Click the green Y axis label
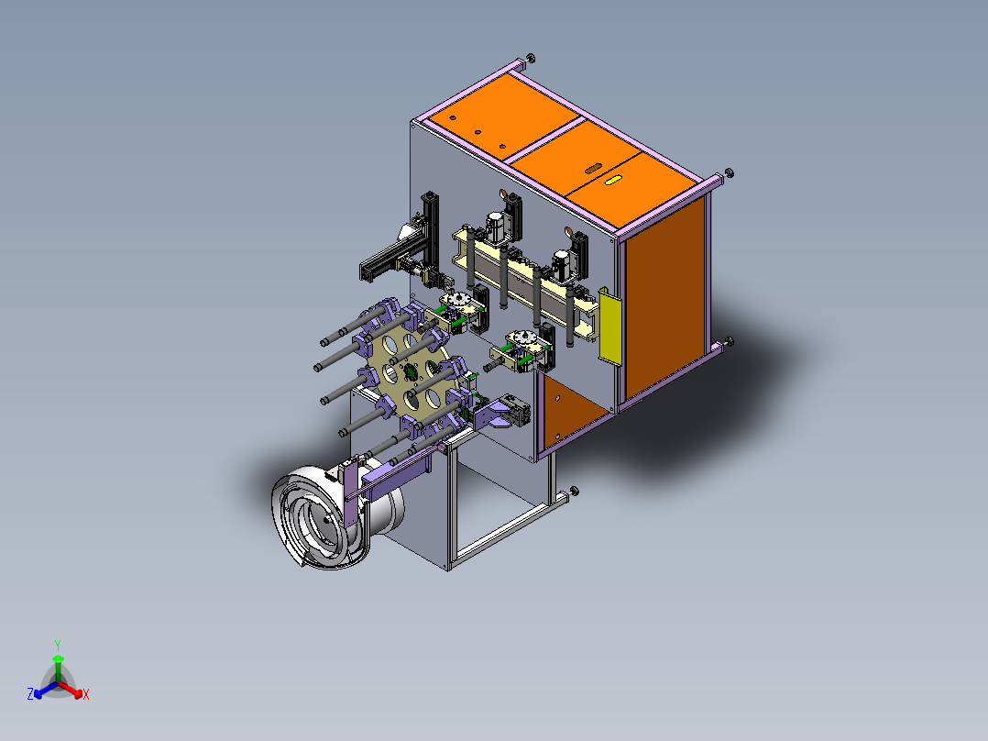(58, 645)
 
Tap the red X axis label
(86, 694)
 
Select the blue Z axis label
(29, 694)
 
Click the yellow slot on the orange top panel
(612, 181)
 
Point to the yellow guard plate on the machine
(610, 326)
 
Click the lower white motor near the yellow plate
(560, 265)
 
